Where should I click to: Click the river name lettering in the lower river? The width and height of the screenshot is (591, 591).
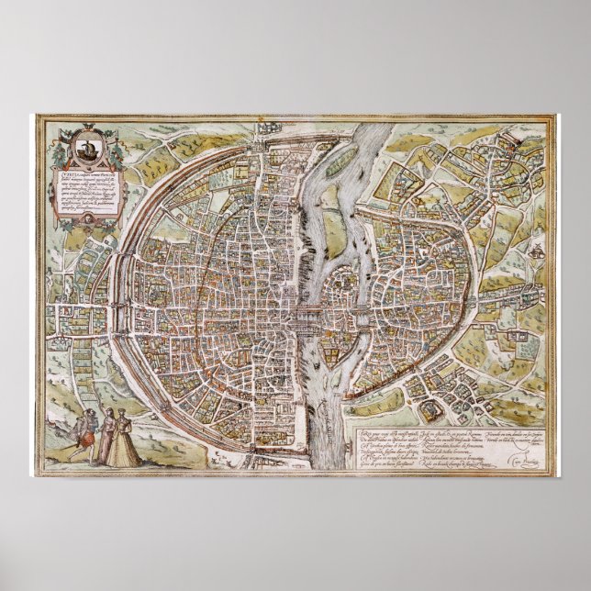pos(322,405)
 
